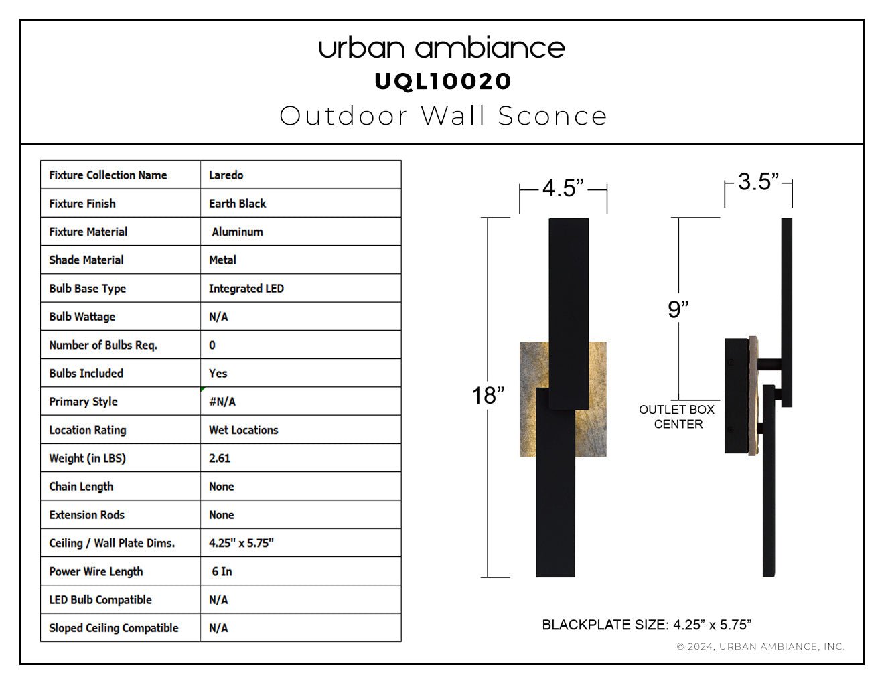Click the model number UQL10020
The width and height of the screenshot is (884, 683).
coord(442,82)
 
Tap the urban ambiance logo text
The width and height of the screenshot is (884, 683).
coord(442,48)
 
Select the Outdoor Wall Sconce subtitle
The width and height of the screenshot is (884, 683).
coord(443,116)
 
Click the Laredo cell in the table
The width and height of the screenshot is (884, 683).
coord(226,175)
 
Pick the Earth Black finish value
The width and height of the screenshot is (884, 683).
coord(237,204)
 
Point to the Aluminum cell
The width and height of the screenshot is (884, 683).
coord(237,232)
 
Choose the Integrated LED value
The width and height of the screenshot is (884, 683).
coord(246,289)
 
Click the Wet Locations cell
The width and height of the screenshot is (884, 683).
coord(243,430)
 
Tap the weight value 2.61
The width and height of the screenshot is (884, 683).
coord(219,459)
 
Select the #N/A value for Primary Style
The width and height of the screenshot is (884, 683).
coord(222,402)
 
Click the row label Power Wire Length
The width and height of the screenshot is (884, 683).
coord(96,572)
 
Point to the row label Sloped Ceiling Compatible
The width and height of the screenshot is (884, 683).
coord(113,628)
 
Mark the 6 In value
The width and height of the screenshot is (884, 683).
coord(222,572)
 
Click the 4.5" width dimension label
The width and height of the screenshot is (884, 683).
coord(563,188)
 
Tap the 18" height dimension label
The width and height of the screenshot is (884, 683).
coord(488,395)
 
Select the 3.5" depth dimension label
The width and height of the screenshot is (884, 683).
coord(758,181)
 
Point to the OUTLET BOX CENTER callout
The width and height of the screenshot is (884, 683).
coord(677,416)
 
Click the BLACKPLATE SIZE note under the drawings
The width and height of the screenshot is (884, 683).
coord(647,625)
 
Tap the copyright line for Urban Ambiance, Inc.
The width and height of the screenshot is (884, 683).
coord(761,647)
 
